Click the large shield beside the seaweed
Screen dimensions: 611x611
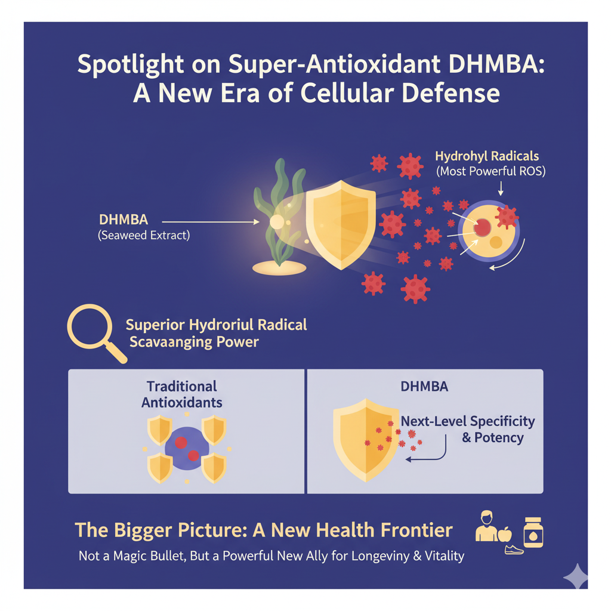341,224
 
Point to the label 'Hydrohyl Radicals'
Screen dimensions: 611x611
487,156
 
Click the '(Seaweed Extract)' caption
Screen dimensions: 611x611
144,235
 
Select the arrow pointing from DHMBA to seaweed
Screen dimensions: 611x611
211,222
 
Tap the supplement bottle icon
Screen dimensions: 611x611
533,532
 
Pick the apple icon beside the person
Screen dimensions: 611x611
505,534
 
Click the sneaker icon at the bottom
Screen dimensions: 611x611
514,550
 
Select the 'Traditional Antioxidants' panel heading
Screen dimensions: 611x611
181,394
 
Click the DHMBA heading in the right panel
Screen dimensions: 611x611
424,387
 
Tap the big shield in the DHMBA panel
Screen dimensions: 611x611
366,440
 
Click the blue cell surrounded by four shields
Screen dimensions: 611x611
187,448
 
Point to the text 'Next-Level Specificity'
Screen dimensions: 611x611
468,421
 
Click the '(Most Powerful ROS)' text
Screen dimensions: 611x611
491,171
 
